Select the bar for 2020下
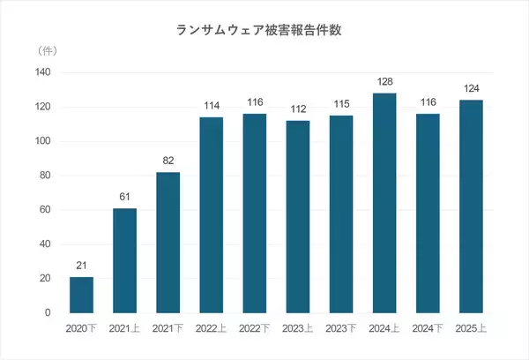(x=82, y=295)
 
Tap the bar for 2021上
(x=125, y=260)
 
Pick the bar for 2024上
(x=384, y=203)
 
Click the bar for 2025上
(x=471, y=206)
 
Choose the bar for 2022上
(x=212, y=215)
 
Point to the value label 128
(x=384, y=82)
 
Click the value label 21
(x=82, y=266)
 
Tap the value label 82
(x=168, y=161)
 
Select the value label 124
(x=471, y=89)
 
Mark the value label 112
(x=298, y=110)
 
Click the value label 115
(x=341, y=105)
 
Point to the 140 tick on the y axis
(x=41, y=72)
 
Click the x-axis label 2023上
(x=298, y=328)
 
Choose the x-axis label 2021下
(x=168, y=328)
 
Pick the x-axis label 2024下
(x=428, y=328)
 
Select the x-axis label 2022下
(x=255, y=328)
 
